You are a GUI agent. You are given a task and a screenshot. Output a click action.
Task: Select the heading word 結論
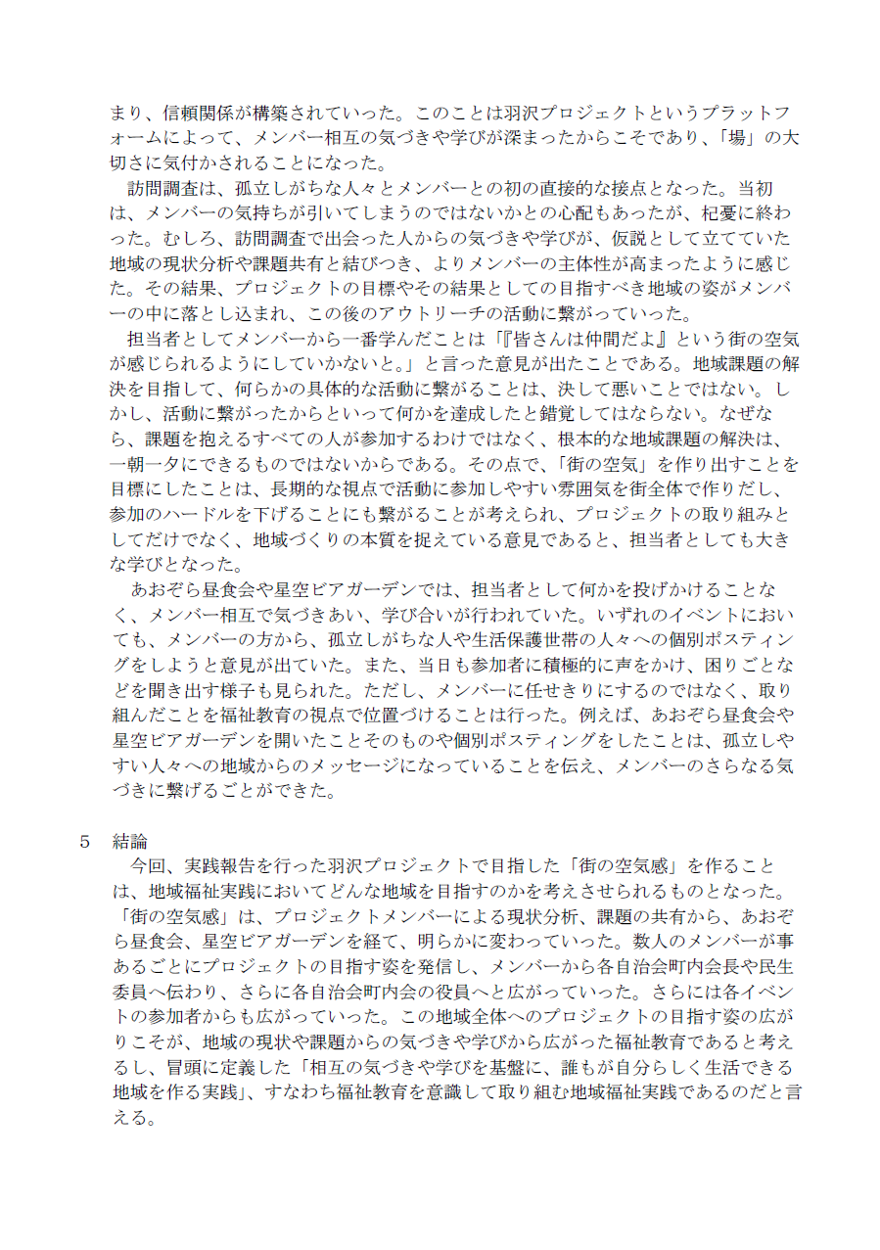pos(130,841)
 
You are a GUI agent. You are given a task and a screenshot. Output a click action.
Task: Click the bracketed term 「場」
pos(737,136)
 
